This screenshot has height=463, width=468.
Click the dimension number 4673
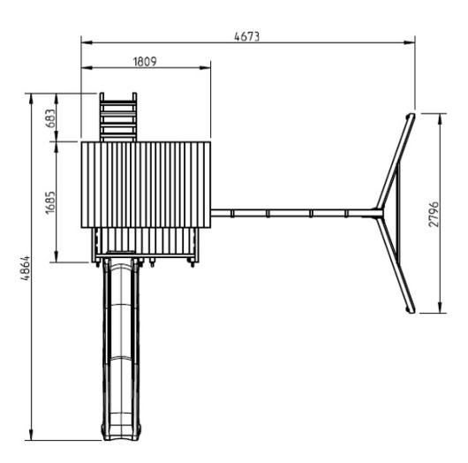247,36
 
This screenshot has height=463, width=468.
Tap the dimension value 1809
145,62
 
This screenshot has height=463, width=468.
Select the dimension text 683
50,118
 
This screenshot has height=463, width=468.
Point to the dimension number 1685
50,202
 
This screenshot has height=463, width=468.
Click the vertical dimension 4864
25,268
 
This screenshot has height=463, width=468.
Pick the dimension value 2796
434,214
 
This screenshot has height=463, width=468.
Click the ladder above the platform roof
118,118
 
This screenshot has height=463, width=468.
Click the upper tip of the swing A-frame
411,116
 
